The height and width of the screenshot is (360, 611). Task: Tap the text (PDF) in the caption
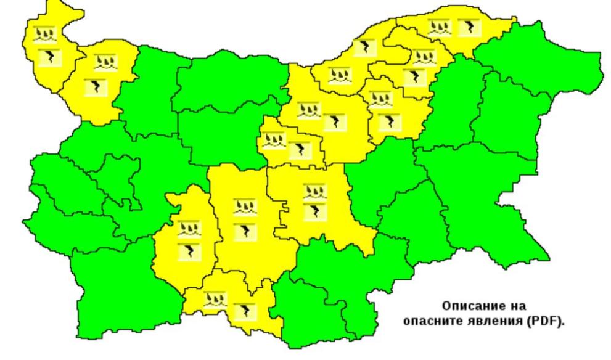pyautogui.click(x=543, y=320)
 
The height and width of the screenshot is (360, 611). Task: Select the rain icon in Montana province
pyautogui.click(x=105, y=62)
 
